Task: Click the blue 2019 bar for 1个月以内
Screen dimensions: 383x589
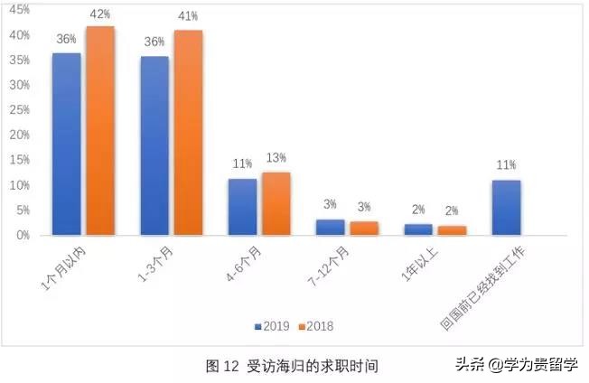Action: coord(66,144)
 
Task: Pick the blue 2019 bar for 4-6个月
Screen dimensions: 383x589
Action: coord(242,207)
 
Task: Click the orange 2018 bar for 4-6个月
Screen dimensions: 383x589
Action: coord(276,203)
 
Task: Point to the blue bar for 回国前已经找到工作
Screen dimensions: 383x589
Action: coord(506,207)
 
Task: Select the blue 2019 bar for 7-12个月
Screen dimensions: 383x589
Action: coord(330,227)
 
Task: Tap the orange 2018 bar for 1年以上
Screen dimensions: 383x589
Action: coord(452,229)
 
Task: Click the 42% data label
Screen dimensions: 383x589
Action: coord(100,14)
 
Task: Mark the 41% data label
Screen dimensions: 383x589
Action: coord(188,18)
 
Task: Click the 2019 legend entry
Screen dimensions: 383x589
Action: coord(271,325)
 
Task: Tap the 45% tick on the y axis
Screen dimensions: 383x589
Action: coord(20,9)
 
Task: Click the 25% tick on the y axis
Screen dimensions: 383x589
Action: coord(20,109)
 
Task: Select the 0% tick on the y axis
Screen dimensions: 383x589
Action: coord(23,235)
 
